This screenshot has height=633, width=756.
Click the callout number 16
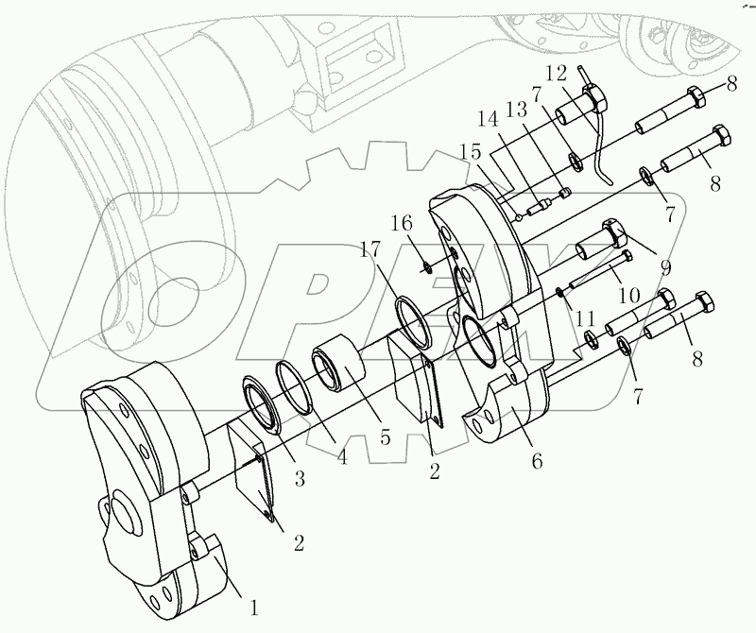[x=403, y=224]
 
